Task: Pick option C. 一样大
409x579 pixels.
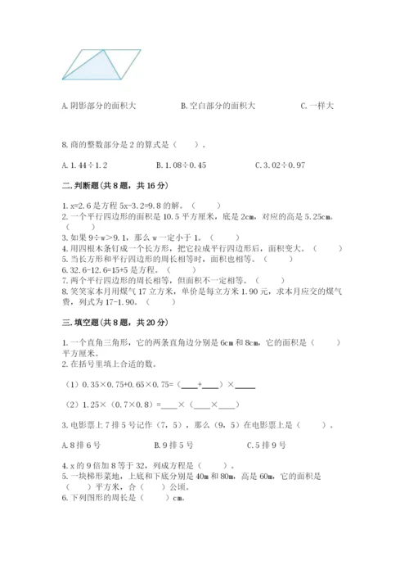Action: [x=317, y=105]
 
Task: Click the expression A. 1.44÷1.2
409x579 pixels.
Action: [x=84, y=167]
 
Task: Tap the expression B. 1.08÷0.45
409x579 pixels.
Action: [x=196, y=167]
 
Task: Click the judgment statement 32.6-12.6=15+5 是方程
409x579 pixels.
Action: [x=127, y=268]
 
